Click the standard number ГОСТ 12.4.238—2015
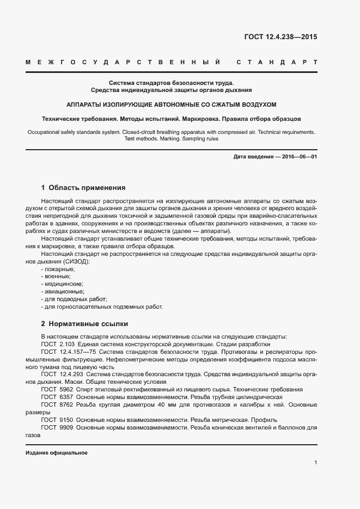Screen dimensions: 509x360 [280, 38]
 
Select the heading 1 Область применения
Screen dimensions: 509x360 [83, 188]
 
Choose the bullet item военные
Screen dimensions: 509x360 [57, 277]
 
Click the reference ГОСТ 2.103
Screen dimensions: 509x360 [58, 344]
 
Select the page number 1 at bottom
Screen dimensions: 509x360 [315, 463]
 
